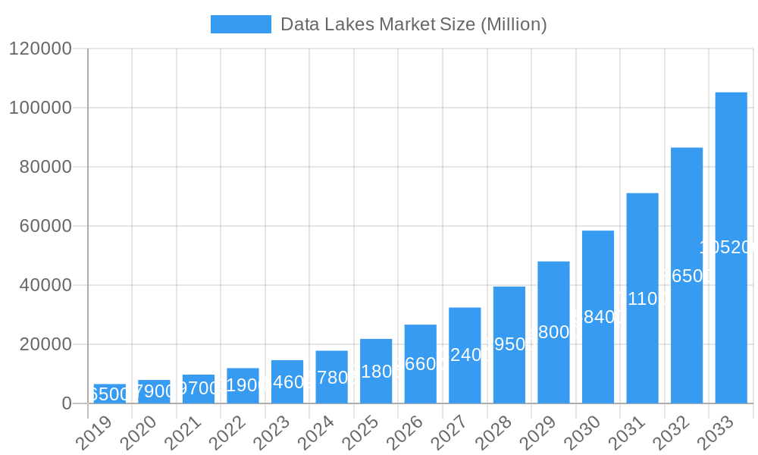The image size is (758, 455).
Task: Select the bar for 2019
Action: coord(110,394)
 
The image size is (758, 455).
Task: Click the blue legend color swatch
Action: coord(240,24)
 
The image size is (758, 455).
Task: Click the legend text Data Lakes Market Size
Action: coord(413,24)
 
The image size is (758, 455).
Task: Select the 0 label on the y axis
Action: coord(67,403)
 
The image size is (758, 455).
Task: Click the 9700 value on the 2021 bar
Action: coord(199,389)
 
